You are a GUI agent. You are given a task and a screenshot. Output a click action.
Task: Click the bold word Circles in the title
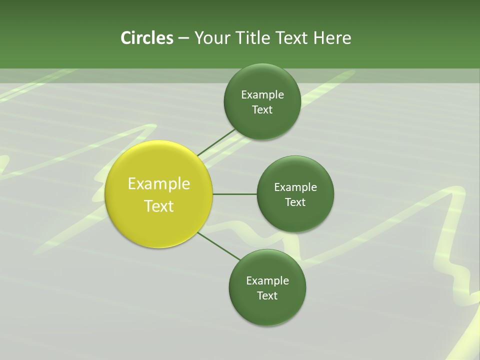(x=147, y=38)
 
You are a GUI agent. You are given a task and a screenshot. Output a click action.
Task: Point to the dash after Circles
(x=183, y=38)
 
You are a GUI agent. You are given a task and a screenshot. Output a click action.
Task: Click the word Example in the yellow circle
(x=159, y=184)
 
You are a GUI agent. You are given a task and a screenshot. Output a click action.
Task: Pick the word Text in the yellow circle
(x=159, y=206)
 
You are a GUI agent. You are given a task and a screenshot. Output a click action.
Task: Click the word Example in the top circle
(x=262, y=95)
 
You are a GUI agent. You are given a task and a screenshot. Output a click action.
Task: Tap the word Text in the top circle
(x=262, y=110)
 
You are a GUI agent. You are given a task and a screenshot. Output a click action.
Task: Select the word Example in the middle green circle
(x=295, y=187)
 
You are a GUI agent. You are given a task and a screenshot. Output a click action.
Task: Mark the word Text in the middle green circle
(x=295, y=202)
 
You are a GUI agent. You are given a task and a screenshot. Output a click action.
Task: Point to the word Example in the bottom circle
(x=267, y=281)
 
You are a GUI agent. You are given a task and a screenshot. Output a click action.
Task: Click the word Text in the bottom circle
(x=267, y=296)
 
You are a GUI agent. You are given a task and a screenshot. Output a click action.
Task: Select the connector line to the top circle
(x=216, y=142)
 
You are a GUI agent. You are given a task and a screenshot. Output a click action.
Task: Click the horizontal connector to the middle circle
(x=235, y=194)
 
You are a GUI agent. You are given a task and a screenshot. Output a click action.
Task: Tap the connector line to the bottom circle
(x=219, y=246)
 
